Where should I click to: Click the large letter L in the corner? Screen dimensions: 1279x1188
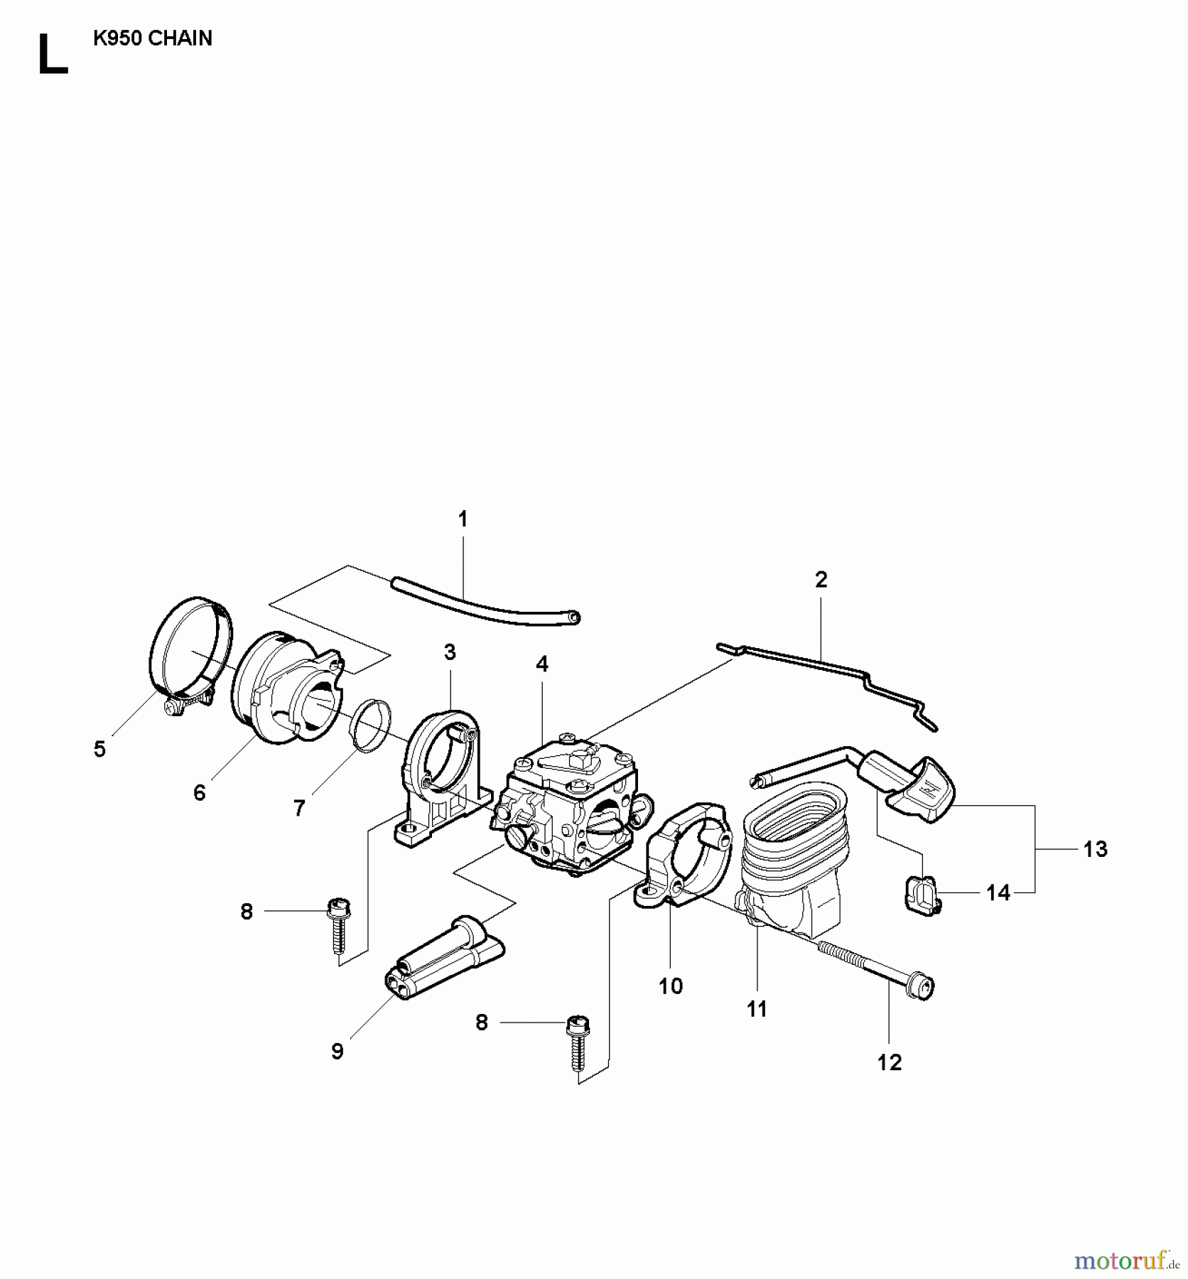[51, 55]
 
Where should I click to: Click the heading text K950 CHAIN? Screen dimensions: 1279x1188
[153, 38]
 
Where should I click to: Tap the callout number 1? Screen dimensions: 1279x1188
[463, 519]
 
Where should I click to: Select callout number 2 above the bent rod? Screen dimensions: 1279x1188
[821, 580]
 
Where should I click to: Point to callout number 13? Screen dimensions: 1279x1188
[1095, 849]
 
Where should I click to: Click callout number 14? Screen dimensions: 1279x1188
[998, 893]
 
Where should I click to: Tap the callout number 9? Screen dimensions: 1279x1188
[337, 1051]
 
